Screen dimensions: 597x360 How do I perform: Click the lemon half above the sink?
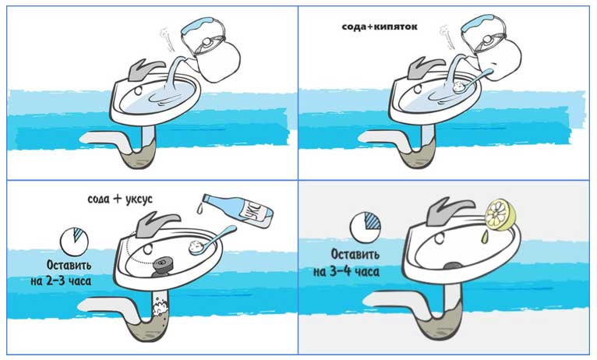point(500,215)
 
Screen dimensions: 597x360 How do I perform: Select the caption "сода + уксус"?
point(120,199)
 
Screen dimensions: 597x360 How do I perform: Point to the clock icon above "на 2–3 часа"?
point(74,242)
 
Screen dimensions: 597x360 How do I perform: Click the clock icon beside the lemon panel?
point(365,228)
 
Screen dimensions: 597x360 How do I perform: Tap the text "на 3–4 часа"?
point(346,272)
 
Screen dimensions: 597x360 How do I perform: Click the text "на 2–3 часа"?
point(61,281)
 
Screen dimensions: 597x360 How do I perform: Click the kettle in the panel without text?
point(210,49)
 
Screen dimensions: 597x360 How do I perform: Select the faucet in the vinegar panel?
point(156,224)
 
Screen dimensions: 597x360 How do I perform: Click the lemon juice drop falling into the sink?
point(484,237)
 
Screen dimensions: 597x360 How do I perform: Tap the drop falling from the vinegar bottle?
point(200,208)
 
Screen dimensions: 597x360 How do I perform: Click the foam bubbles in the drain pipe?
point(161,309)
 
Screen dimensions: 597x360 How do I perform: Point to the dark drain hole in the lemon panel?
point(452,266)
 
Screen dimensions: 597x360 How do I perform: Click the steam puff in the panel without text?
point(166,36)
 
